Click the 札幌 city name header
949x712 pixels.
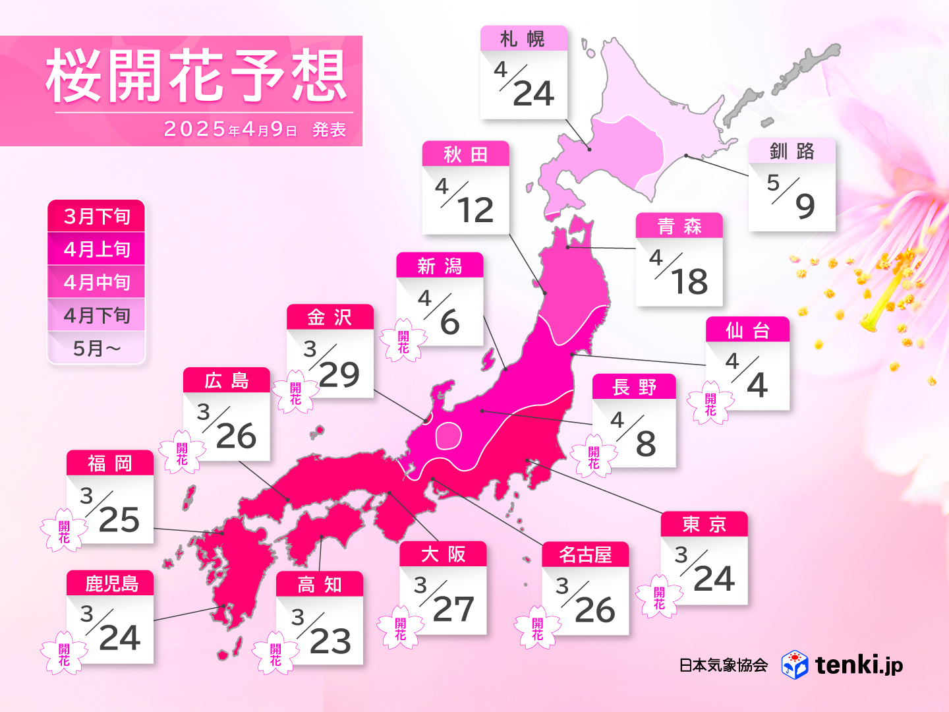[523, 39]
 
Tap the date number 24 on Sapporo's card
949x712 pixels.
[533, 94]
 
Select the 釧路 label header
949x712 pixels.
[791, 152]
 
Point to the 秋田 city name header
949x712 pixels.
[465, 154]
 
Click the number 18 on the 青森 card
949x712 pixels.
[689, 282]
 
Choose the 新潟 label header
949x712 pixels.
[440, 266]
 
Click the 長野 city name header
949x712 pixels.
[634, 387]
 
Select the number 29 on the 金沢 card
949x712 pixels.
[339, 375]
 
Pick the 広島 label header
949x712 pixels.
[227, 380]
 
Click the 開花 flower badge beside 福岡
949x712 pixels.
[64, 531]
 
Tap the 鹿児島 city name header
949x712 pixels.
[110, 583]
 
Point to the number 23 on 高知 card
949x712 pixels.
[330, 641]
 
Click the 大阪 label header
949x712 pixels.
[443, 554]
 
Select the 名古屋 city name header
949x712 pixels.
[585, 555]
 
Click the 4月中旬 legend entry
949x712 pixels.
[96, 282]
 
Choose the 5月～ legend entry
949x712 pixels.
[96, 348]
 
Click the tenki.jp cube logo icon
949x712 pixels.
[795, 665]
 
